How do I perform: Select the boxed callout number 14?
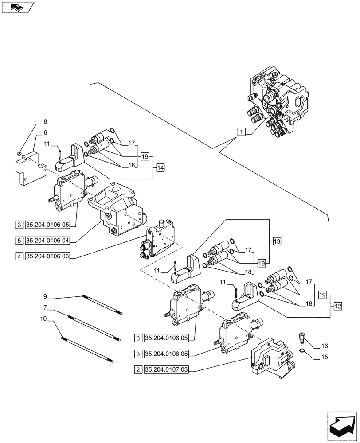pyautogui.click(x=160, y=167)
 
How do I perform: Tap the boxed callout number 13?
pyautogui.click(x=277, y=241)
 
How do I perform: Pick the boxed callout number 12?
pyautogui.click(x=337, y=306)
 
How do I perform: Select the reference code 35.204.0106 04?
pyautogui.click(x=48, y=240)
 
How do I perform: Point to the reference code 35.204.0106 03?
pyautogui.click(x=48, y=256)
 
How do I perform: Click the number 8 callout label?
pyautogui.click(x=45, y=121)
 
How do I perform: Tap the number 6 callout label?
pyautogui.click(x=45, y=132)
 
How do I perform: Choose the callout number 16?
pyautogui.click(x=325, y=346)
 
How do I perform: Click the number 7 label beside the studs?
pyautogui.click(x=45, y=307)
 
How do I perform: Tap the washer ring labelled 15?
pyautogui.click(x=302, y=352)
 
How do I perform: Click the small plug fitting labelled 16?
pyautogui.click(x=301, y=339)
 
